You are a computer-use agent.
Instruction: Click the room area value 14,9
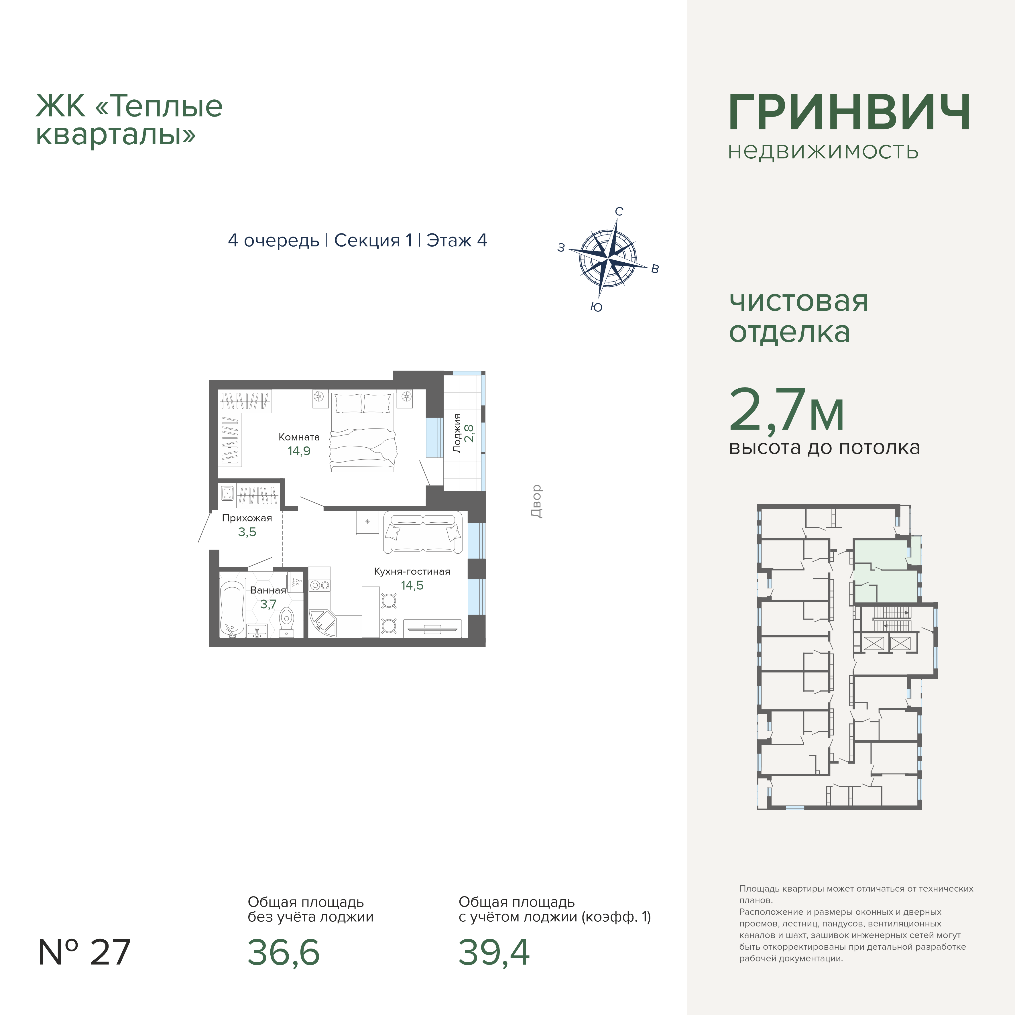tap(299, 451)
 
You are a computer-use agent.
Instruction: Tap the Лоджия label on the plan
tap(457, 433)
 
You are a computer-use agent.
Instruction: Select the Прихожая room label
tap(247, 518)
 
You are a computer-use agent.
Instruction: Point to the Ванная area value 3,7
tap(268, 604)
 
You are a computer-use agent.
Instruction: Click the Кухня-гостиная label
tap(412, 572)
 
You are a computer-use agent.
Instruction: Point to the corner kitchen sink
tap(323, 623)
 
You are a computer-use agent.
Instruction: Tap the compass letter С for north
tap(619, 212)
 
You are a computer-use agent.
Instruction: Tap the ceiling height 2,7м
tap(786, 410)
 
